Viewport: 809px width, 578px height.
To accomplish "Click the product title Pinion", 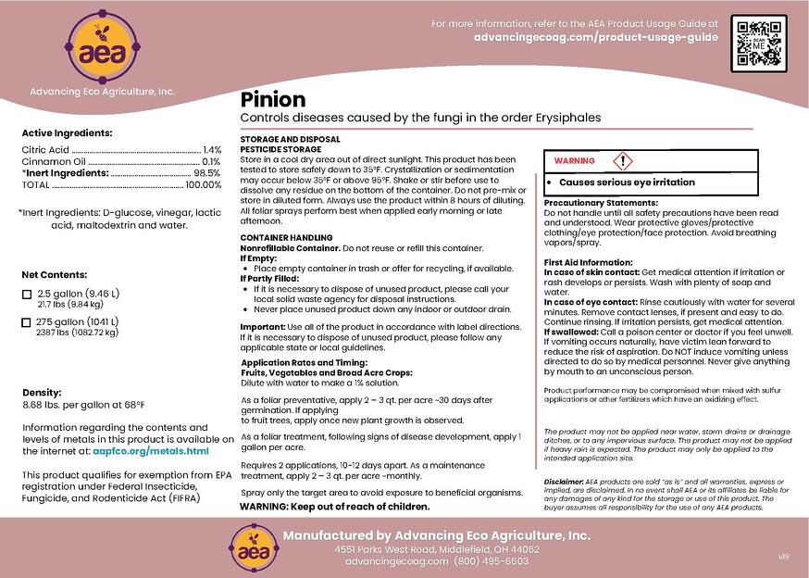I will coord(273,99).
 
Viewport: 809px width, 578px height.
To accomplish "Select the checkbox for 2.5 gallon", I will coord(26,295).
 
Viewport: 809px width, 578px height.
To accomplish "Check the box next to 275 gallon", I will coord(26,321).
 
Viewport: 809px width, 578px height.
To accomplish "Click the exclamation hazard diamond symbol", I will coord(623,160).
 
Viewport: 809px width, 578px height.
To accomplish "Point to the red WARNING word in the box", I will coord(574,161).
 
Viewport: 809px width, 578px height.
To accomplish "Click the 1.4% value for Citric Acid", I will coord(212,149).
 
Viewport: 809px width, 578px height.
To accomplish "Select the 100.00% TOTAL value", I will coord(204,185).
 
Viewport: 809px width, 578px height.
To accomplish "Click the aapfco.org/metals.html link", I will coord(151,451).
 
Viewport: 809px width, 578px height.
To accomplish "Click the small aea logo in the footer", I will coord(251,547).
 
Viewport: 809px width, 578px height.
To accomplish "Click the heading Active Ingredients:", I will coord(67,133).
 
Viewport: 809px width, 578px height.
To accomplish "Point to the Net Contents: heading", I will coord(55,275).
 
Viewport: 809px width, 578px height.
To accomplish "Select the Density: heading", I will coord(41,393).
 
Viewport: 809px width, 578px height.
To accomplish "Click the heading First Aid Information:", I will coord(588,262).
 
